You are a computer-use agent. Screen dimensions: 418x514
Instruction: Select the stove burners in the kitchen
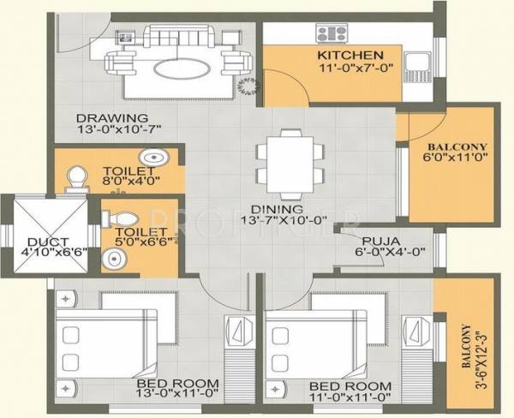coord(330,34)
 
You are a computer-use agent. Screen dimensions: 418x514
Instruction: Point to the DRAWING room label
coord(111,118)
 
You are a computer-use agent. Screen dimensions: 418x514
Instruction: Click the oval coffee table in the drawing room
coord(181,67)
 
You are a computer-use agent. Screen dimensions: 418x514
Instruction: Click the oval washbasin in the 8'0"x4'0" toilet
coord(155,158)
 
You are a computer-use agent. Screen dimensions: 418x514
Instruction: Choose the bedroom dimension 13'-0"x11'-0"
coord(176,397)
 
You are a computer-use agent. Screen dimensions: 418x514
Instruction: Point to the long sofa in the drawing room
coord(181,38)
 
